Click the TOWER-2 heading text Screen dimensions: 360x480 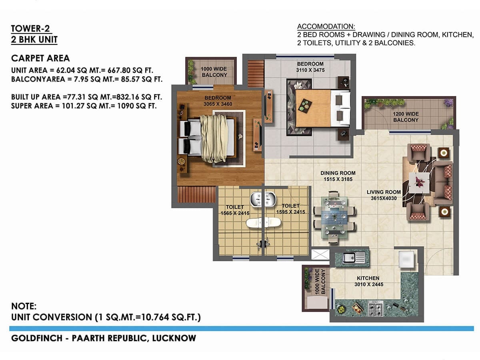coord(31,28)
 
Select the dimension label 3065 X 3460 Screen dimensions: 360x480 coord(218,104)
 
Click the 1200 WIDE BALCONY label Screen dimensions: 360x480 coord(406,117)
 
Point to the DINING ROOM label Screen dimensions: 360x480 coord(338,173)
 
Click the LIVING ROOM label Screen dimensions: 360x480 coord(384,192)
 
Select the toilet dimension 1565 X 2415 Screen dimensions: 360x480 coord(235,213)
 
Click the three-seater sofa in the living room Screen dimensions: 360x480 coord(444,182)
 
